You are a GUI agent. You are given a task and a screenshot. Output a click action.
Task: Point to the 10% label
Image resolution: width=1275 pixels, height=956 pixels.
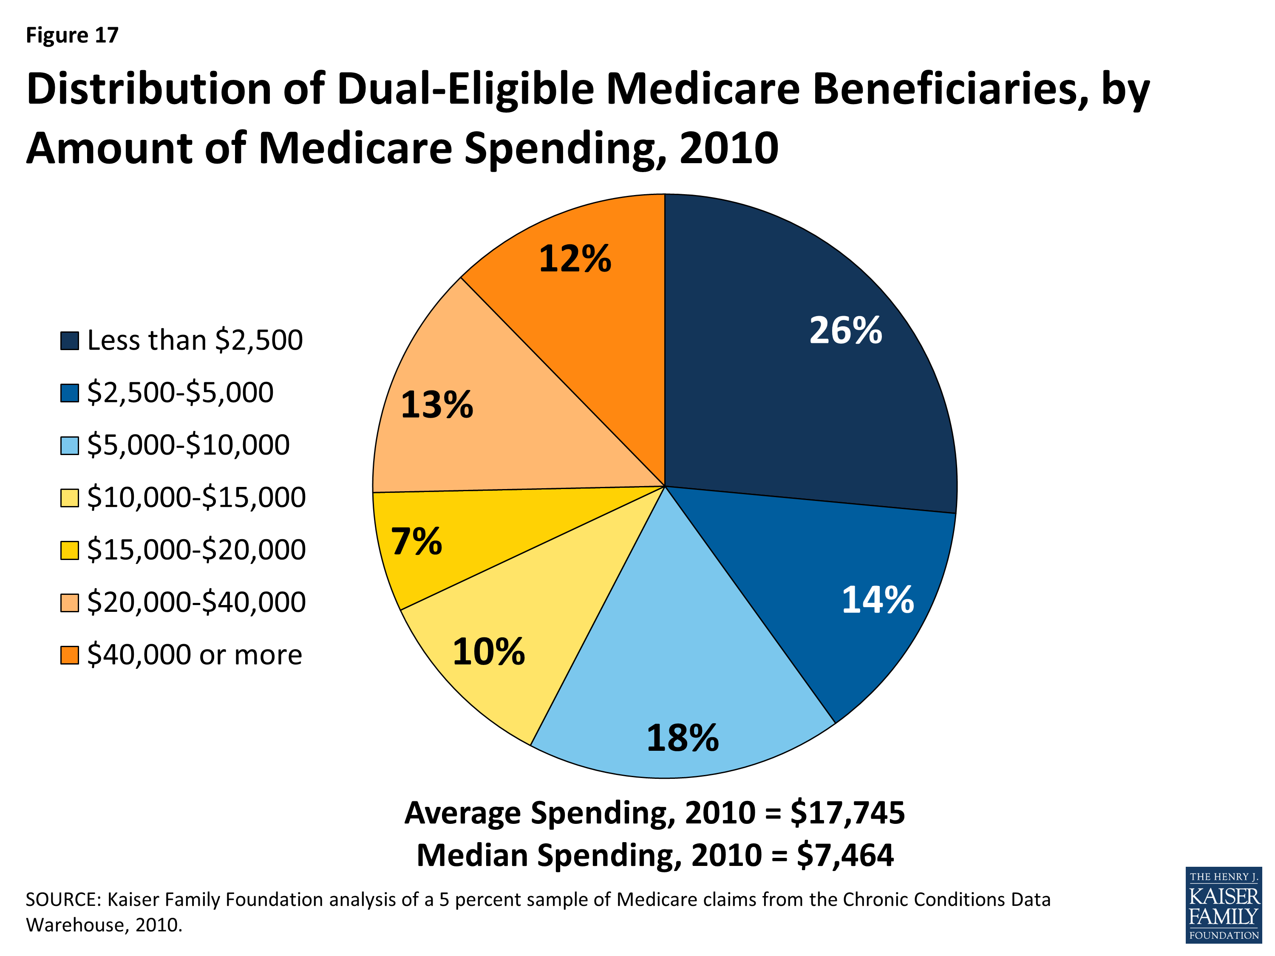tap(488, 652)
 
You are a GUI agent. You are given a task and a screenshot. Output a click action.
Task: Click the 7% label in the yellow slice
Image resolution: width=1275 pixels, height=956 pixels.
tap(416, 542)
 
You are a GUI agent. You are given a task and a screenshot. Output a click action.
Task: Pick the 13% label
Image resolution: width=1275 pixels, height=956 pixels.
tap(436, 404)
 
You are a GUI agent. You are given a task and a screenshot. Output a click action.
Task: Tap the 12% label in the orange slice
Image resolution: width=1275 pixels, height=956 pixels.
tap(575, 259)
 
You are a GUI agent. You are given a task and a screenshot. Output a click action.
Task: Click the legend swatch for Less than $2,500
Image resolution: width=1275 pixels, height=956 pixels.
tap(70, 341)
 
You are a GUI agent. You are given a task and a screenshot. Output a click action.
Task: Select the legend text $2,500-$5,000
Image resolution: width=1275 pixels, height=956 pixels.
tap(180, 393)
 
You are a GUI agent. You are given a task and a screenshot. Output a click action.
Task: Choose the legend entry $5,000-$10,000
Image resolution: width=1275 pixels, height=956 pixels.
tap(188, 445)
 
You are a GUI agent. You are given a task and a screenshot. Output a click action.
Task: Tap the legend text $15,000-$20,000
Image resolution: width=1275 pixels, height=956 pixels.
tap(196, 550)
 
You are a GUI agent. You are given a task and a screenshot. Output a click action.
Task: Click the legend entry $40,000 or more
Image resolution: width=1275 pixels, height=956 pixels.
tap(194, 655)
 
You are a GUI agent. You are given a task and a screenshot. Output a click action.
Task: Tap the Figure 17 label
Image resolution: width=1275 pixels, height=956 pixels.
tap(72, 36)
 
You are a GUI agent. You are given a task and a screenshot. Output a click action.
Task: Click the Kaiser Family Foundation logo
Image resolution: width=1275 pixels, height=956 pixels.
tap(1223, 905)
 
